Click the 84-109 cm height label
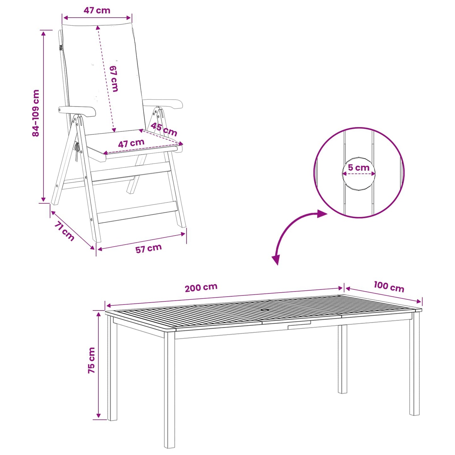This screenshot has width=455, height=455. tap(36, 113)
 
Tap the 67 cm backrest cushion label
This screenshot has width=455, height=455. tap(114, 78)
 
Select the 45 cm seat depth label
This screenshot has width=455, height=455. tap(164, 129)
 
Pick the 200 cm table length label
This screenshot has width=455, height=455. tap(201, 287)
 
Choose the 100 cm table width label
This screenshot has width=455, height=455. tap(389, 287)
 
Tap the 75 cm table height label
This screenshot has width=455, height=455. tap(91, 360)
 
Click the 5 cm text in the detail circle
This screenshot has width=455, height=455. tap(359, 168)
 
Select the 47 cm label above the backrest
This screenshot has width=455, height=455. tap(97, 10)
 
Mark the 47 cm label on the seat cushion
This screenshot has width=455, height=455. tap(131, 143)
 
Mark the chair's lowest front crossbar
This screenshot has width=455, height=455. tap(137, 212)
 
